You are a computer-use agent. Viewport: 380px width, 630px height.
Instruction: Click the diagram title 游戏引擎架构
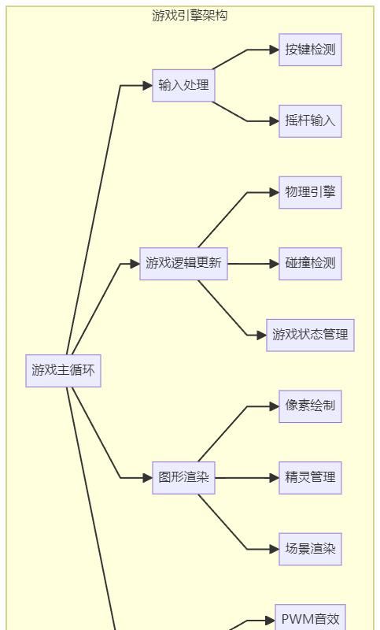coord(190,15)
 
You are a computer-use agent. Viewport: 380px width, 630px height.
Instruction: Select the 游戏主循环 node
coord(63,370)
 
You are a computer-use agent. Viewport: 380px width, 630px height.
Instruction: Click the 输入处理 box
coord(183,85)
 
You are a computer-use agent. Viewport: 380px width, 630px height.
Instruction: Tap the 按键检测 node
coord(310,50)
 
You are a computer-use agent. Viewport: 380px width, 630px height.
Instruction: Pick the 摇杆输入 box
coord(310,121)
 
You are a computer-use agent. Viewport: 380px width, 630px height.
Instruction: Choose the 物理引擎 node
coord(310,192)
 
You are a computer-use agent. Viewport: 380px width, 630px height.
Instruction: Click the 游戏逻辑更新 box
coord(183,264)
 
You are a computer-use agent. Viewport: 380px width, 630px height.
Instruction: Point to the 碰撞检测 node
coord(310,264)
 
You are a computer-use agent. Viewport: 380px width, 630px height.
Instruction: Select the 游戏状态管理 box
coord(310,335)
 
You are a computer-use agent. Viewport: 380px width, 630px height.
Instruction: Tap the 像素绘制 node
coord(310,406)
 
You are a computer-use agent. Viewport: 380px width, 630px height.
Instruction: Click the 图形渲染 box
coord(183,477)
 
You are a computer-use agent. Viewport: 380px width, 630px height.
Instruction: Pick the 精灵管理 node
coord(310,477)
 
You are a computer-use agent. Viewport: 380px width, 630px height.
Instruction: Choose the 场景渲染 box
coord(310,549)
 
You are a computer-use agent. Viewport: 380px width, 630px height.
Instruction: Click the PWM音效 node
coord(310,619)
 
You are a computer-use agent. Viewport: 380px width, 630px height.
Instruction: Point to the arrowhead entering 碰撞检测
coord(274,264)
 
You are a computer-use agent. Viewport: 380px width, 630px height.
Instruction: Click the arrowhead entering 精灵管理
coord(274,477)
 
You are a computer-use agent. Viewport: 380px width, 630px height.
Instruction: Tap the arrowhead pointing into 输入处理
coord(147,85)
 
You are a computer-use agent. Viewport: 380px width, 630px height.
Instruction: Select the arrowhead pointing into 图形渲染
coord(147,477)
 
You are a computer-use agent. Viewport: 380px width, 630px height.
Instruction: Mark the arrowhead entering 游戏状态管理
coord(261,335)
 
